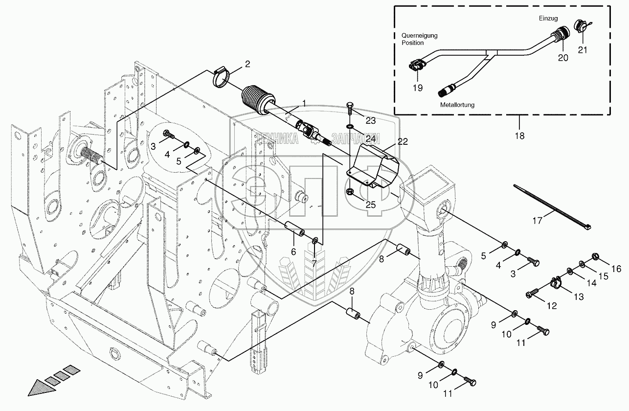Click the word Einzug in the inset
(548, 19)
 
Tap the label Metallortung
(457, 105)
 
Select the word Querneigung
(419, 36)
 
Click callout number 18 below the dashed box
(519, 136)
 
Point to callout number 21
(583, 50)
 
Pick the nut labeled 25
(350, 192)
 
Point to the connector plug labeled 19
(415, 67)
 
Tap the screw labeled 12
(532, 292)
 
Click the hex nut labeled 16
(594, 256)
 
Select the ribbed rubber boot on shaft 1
(258, 100)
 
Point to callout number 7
(314, 263)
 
